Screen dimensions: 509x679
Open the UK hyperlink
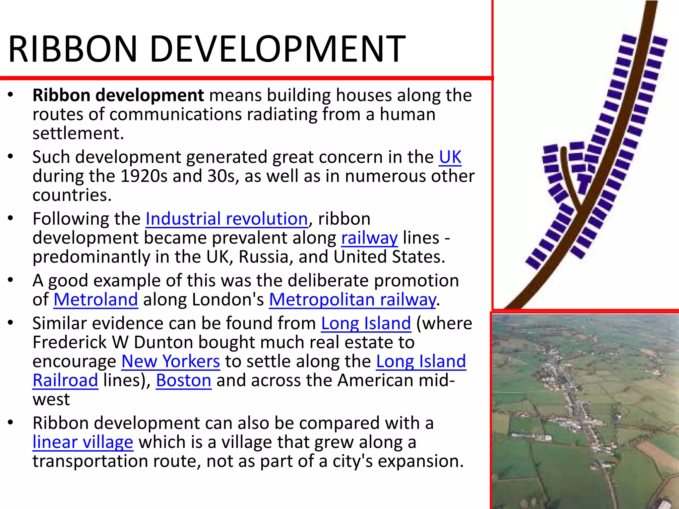(450, 157)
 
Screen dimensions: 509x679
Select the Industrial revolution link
(227, 219)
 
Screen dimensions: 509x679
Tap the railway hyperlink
(369, 238)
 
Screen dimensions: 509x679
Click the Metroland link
(95, 300)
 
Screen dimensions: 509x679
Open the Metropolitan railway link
(352, 300)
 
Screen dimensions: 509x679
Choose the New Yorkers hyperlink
(170, 362)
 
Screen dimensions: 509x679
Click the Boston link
(183, 380)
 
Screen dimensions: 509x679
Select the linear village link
(83, 442)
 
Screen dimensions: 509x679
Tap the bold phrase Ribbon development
(118, 95)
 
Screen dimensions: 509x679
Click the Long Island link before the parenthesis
(366, 323)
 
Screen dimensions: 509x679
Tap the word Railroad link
(65, 380)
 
